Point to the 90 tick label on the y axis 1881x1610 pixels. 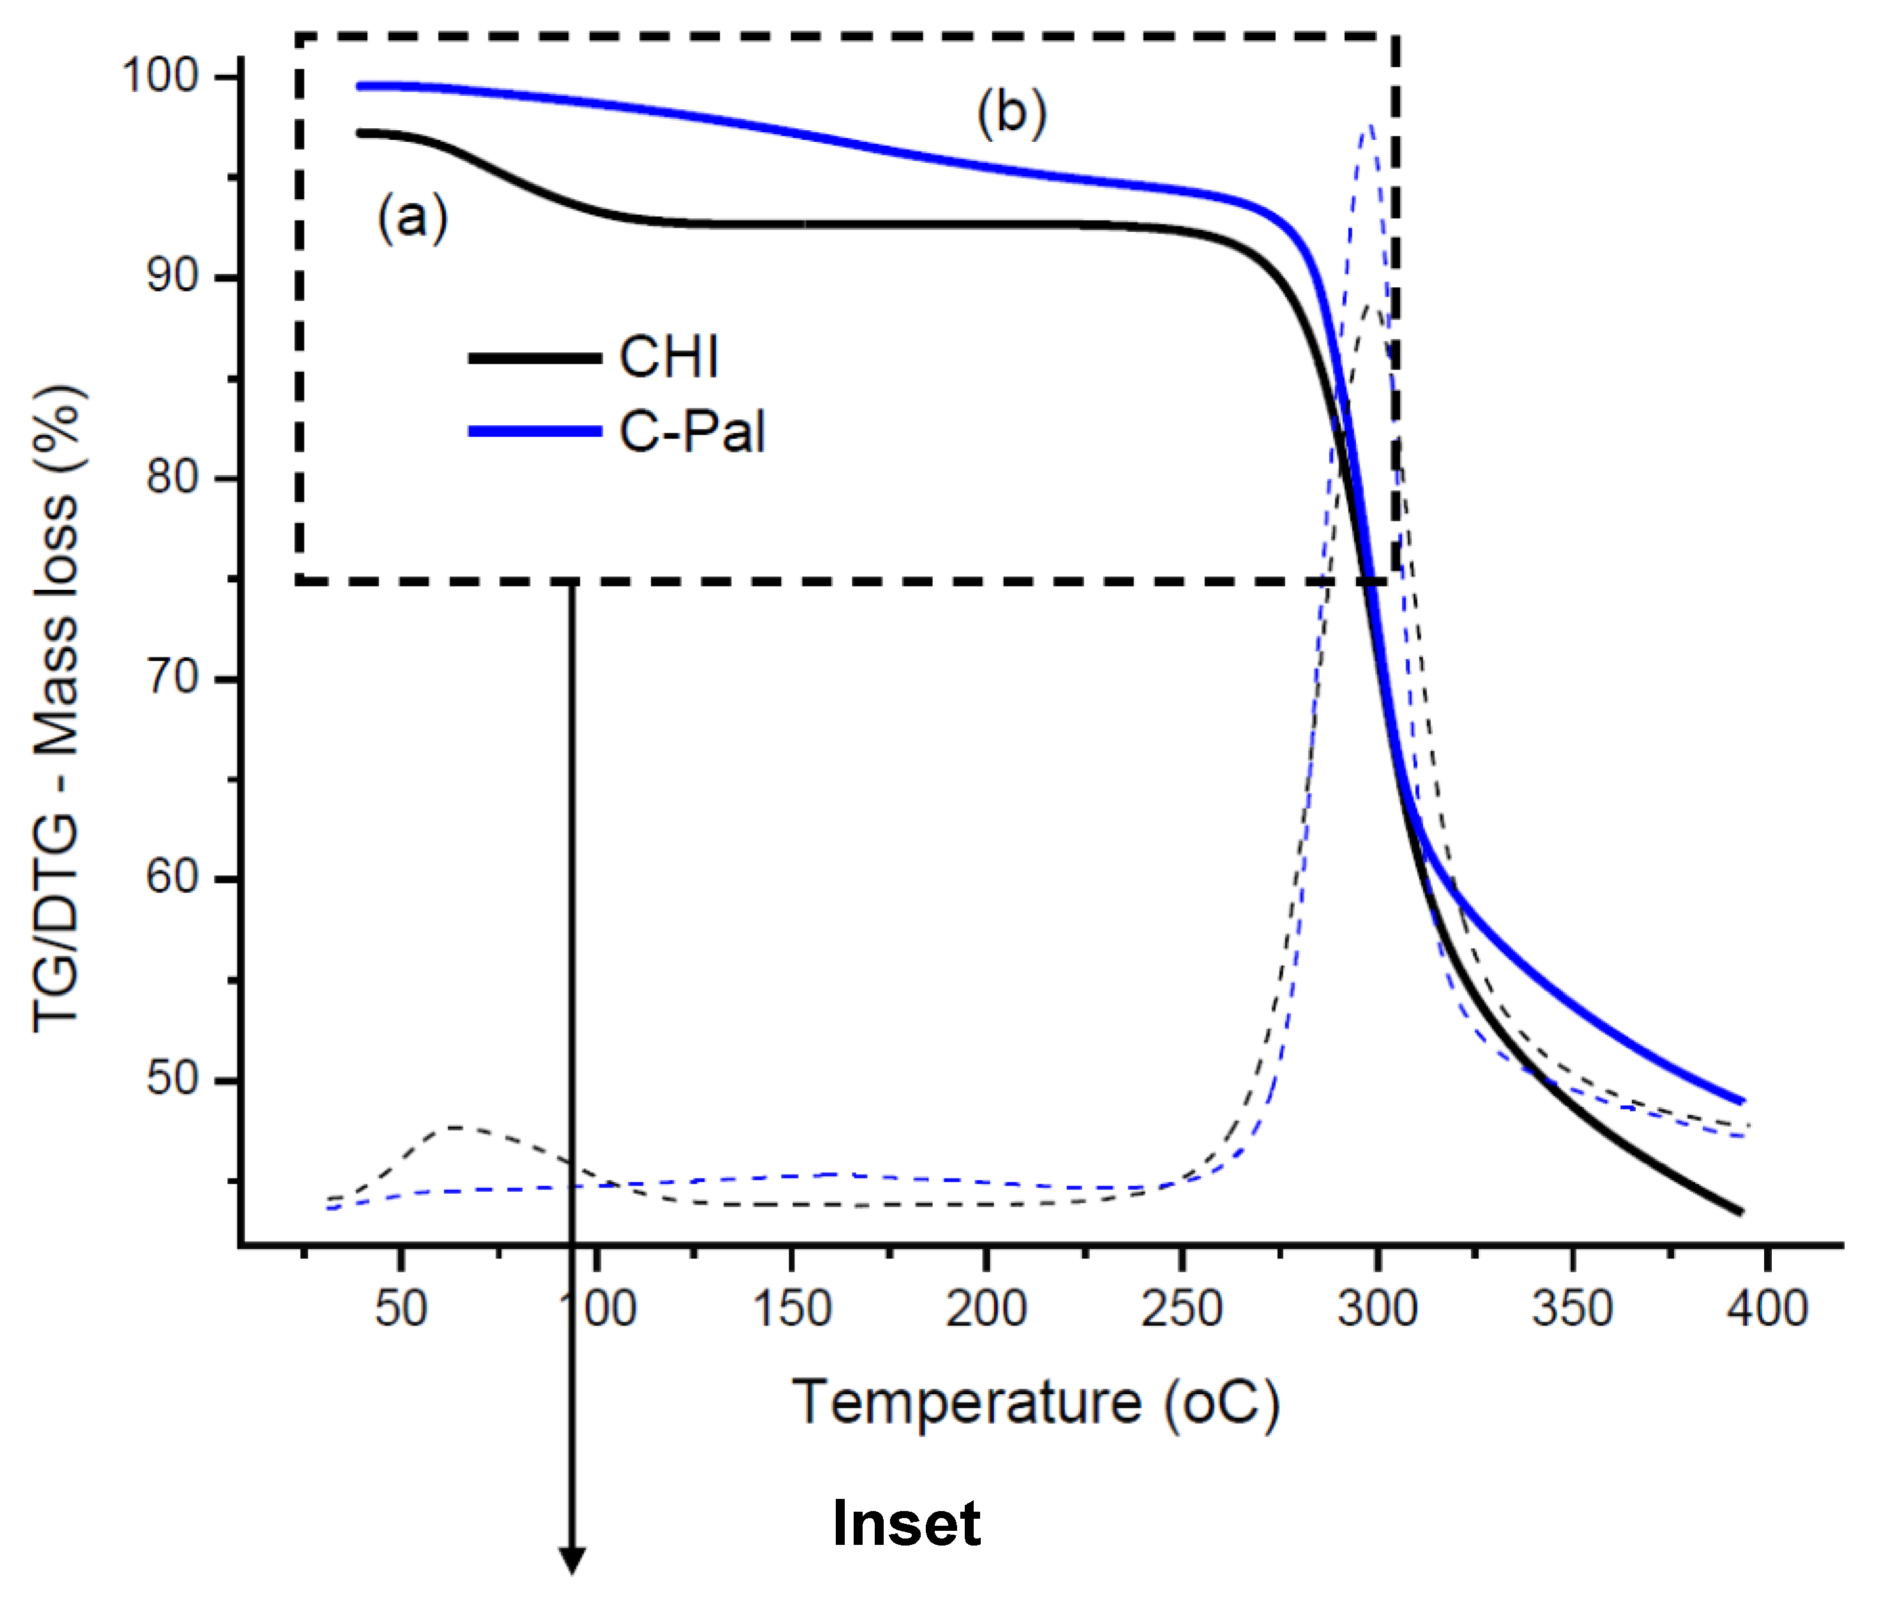click(x=172, y=275)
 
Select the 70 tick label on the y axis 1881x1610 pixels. click(x=172, y=677)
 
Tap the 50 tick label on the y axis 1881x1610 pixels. click(x=172, y=1079)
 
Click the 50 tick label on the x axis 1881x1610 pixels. click(x=400, y=1309)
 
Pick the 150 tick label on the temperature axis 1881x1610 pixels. click(x=792, y=1309)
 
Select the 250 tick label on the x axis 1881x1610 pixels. click(x=1181, y=1309)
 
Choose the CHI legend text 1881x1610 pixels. click(x=669, y=357)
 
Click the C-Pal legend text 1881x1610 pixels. click(x=691, y=431)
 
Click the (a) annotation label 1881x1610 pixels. click(x=412, y=219)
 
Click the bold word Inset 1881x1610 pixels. click(x=906, y=1524)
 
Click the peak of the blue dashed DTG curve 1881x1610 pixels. click(x=1369, y=125)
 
